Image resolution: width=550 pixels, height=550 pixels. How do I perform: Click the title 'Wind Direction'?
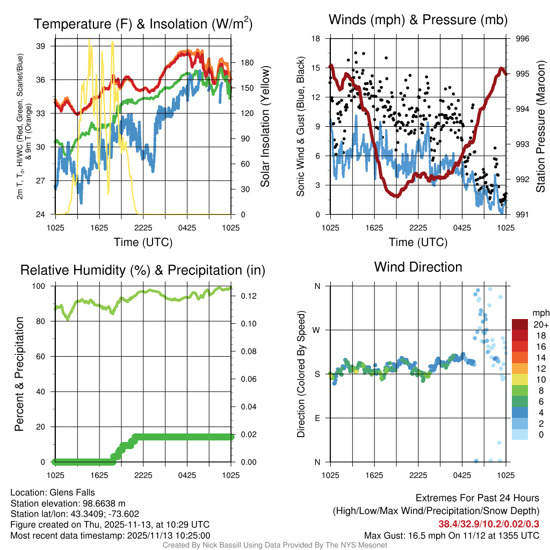pos(418,267)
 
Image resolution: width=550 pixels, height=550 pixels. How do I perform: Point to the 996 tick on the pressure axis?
pos(523,39)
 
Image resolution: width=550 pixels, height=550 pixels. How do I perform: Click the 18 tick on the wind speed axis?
pos(316,39)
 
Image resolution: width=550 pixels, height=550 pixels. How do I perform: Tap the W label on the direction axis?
pos(317,330)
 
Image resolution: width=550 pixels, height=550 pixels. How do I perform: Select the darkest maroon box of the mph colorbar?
pos(521,324)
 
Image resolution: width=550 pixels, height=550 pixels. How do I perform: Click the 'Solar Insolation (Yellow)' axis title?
pos(265,126)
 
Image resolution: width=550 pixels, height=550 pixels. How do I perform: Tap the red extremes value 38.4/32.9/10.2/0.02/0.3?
pos(489,524)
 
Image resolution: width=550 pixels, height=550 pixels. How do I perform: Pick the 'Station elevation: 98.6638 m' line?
pos(68,503)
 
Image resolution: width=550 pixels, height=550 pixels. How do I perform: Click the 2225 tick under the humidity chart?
pos(143,475)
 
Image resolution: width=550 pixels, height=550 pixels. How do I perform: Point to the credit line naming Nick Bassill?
pos(274,545)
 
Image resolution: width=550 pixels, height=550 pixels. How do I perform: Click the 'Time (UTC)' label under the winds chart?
pos(418,242)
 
